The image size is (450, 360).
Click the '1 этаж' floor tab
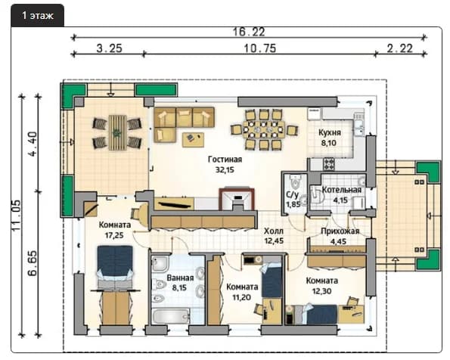click(x=37, y=15)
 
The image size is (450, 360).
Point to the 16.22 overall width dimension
click(x=249, y=32)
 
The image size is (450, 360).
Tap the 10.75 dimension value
click(x=259, y=48)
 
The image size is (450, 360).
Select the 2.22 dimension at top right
click(x=400, y=48)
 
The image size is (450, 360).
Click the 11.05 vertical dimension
click(x=16, y=216)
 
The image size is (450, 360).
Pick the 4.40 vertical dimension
click(x=33, y=144)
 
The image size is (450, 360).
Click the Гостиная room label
click(x=225, y=160)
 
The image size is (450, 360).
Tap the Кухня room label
click(x=330, y=132)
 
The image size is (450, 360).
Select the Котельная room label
click(x=342, y=190)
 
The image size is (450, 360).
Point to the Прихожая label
click(x=340, y=231)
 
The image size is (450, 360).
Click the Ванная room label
click(x=180, y=278)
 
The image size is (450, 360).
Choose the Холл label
click(x=274, y=231)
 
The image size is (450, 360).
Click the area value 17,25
click(x=114, y=235)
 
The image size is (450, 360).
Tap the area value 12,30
click(x=321, y=291)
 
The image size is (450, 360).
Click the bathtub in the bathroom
click(x=170, y=316)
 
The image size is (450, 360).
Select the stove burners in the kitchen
click(x=329, y=164)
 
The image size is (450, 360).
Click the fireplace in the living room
click(x=237, y=199)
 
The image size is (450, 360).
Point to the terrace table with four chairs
click(x=117, y=132)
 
